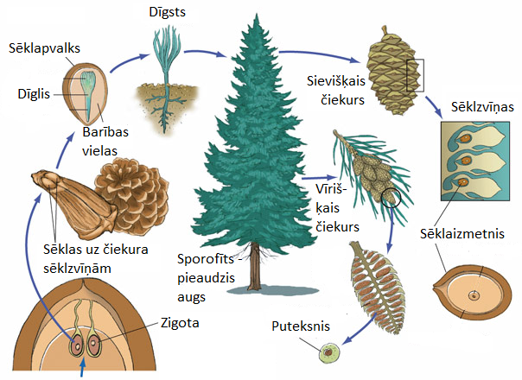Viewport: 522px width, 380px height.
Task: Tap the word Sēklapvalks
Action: coord(42,49)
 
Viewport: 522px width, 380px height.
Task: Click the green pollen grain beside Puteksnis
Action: coord(328,352)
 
